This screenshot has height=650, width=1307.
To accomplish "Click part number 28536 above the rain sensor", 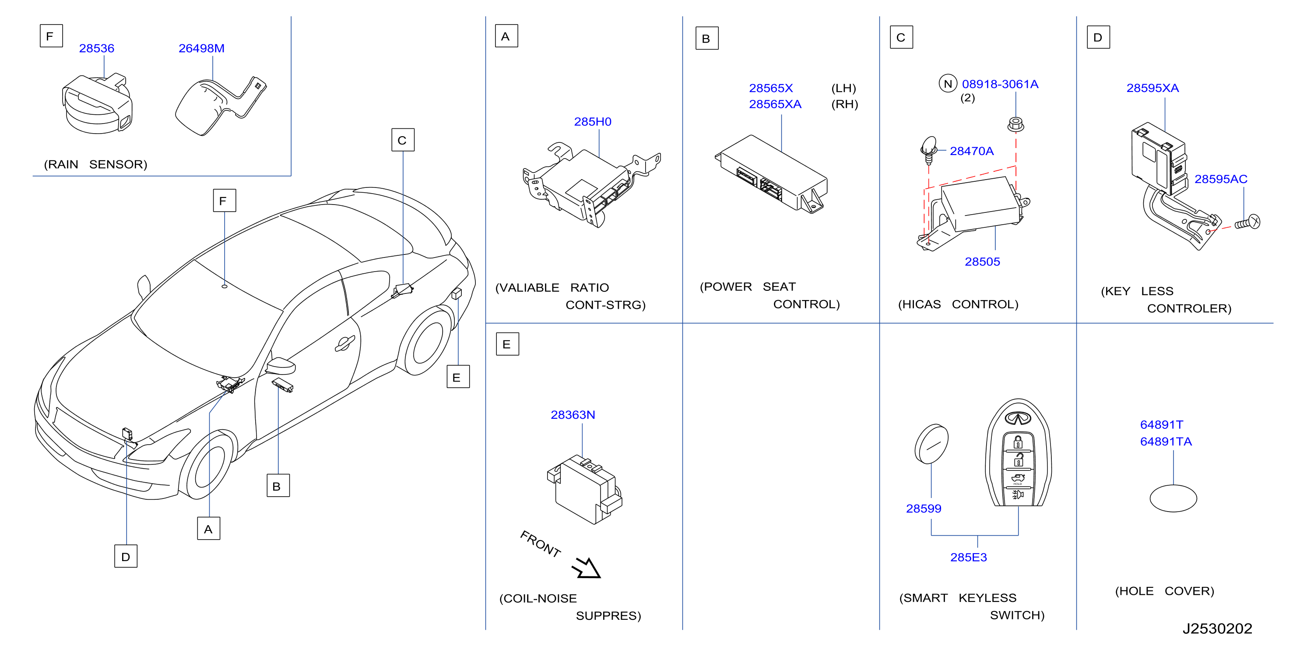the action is [96, 48].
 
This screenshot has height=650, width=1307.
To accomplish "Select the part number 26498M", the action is [201, 48].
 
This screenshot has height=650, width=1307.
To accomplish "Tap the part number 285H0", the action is [593, 122].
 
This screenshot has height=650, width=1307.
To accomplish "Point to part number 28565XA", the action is [775, 104].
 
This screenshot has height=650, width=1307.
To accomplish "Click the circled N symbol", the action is [948, 84].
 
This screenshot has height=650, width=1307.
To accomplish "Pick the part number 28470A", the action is [972, 151].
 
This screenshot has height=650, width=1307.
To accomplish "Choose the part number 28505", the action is [982, 262].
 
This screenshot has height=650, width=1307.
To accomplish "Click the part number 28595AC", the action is [1221, 179].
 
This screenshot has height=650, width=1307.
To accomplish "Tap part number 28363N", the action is [573, 415].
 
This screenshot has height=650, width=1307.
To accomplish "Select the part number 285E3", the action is [969, 558].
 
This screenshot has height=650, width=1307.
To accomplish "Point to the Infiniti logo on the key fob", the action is [1018, 418].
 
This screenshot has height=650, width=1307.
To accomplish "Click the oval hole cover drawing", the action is [1173, 498].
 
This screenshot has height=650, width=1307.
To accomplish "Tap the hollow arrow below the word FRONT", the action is [587, 568].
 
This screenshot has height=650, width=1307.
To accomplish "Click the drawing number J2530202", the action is [1217, 629].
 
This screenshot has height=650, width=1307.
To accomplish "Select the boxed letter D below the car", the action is [126, 557].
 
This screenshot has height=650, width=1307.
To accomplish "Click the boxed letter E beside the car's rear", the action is [458, 377].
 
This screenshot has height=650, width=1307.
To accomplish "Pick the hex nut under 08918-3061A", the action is [1015, 124].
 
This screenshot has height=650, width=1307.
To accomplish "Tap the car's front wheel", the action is [210, 465].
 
